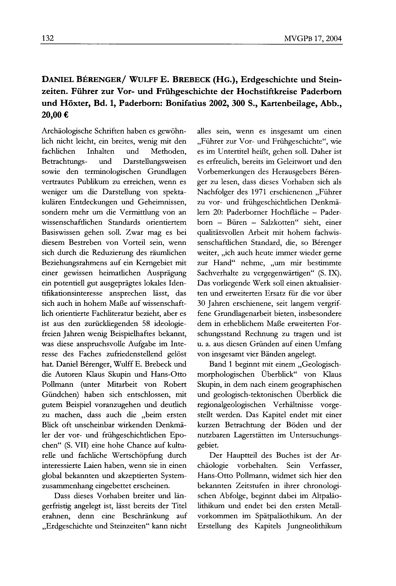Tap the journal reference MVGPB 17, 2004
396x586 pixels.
point(313,39)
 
